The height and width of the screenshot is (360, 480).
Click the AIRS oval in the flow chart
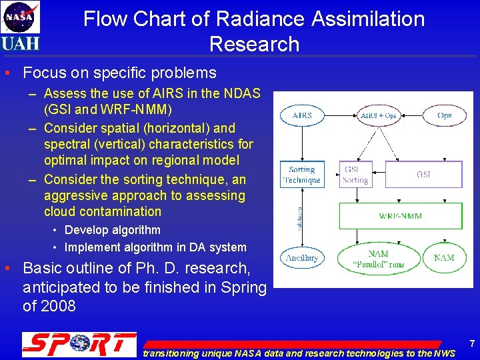pos(302,115)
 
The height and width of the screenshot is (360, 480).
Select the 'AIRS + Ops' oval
pos(378,115)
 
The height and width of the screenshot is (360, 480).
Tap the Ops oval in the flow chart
pos(445,115)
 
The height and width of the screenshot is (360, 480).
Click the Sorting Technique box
pos(302,175)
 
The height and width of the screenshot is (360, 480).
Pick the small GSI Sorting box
pos(355,175)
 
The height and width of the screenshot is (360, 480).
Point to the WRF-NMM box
pos(400,216)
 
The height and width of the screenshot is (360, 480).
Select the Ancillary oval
pos(302,257)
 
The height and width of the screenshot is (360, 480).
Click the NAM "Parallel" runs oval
pos(378,258)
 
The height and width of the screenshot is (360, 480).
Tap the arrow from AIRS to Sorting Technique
pos(302,143)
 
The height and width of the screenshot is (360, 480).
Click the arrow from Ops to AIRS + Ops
pos(413,115)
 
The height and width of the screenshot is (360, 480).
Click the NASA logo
pos(20,17)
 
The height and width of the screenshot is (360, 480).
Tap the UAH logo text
pos(20,43)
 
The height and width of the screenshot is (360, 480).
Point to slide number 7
pos(472,344)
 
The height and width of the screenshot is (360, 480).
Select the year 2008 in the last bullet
pos(59,306)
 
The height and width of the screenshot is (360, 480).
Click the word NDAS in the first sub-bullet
pos(241,94)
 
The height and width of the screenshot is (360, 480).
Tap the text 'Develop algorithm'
pos(112,230)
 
